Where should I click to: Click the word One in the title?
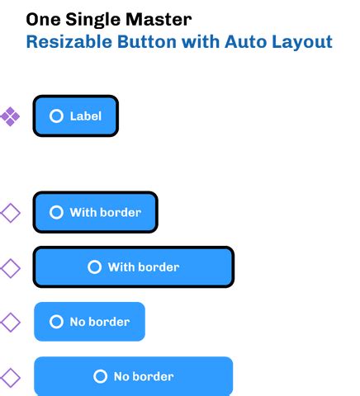43,18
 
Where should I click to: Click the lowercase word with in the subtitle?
201,42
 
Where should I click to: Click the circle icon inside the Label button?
56,116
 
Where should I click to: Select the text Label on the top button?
86,116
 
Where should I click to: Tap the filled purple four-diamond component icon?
10,116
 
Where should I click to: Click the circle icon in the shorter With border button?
56,212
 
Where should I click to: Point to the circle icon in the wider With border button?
94,266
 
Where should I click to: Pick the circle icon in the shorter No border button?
56,321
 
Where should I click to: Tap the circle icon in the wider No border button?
100,376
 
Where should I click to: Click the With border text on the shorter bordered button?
105,212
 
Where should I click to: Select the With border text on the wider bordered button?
144,266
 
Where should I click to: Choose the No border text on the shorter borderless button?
99,321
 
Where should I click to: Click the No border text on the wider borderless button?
144,376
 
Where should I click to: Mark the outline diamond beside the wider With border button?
10,267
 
